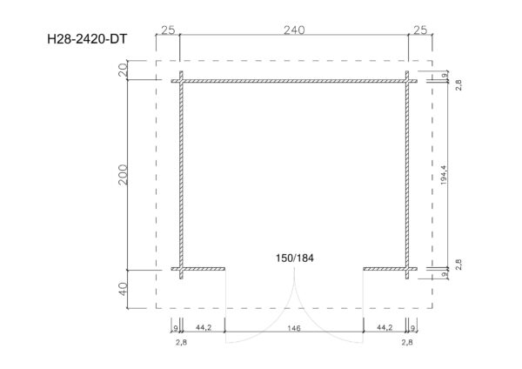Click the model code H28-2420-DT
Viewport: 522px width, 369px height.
[x=87, y=39]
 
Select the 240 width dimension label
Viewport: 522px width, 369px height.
[x=294, y=30]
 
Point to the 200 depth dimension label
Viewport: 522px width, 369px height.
[x=123, y=175]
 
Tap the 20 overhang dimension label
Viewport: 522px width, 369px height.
[x=123, y=70]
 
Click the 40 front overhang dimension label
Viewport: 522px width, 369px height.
[x=123, y=289]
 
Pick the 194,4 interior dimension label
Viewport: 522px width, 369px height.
[x=444, y=175]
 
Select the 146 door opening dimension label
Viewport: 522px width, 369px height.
[x=294, y=328]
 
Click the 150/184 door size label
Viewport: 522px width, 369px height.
[x=295, y=258]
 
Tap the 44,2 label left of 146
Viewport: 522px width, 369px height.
[x=204, y=328]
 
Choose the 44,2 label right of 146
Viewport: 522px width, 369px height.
[x=385, y=328]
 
